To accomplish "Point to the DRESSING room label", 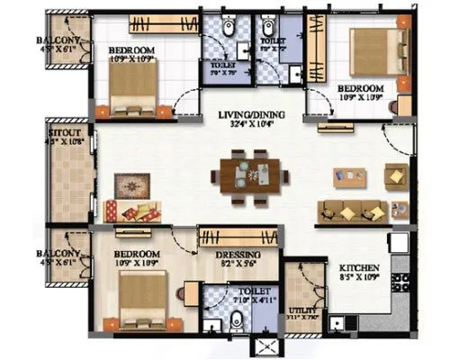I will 238,255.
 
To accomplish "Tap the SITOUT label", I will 64,131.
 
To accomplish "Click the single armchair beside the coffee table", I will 395,175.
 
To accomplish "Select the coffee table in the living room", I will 349,177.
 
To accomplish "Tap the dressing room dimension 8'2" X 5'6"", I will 238,265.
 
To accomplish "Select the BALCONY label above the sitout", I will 60,41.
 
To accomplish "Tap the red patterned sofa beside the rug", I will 131,212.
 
